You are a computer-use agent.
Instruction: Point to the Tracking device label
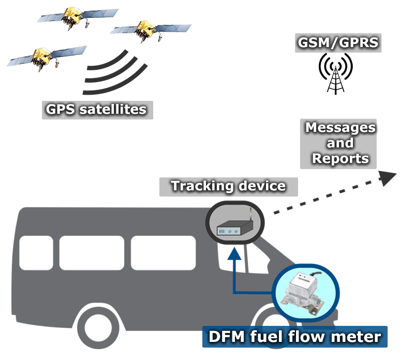228,186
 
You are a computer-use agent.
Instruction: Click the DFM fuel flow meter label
294,337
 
